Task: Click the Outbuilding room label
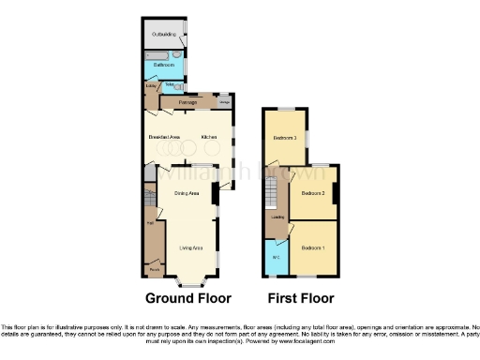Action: pyautogui.click(x=163, y=36)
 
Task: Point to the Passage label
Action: pyautogui.click(x=175, y=101)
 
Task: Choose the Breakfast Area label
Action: pyautogui.click(x=164, y=138)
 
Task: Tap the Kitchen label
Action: pyautogui.click(x=209, y=138)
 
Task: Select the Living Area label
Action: pyautogui.click(x=191, y=247)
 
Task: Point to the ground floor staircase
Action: pyautogui.click(x=150, y=201)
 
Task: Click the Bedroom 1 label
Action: pyautogui.click(x=312, y=247)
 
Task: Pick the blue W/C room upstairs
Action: pyautogui.click(x=276, y=258)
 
